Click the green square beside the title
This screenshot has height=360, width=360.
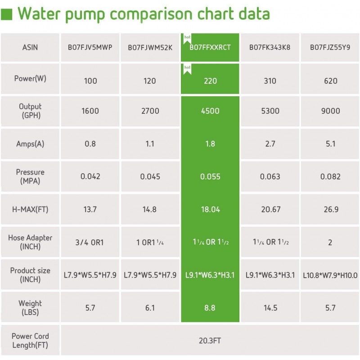(6, 14)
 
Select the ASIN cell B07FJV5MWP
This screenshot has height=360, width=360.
(90, 47)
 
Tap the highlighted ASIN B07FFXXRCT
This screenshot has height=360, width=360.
(210, 47)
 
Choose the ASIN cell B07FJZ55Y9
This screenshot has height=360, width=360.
(330, 47)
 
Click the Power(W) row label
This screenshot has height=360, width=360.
(30, 78)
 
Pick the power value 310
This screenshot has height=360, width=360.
(270, 81)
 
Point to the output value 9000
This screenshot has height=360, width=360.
(330, 111)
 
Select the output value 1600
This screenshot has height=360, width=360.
(90, 111)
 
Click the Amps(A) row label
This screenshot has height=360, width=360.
(30, 144)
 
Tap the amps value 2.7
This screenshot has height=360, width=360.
(270, 144)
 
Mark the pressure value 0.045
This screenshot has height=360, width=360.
(150, 176)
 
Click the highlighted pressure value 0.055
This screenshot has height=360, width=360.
(210, 176)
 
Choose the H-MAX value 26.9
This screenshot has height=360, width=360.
(330, 209)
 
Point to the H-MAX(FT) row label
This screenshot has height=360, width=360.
(30, 209)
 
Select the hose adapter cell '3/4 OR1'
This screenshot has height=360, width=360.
(90, 242)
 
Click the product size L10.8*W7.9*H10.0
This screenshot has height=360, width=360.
(330, 275)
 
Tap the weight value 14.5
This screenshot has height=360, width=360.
(270, 308)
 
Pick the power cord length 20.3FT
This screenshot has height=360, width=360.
(210, 341)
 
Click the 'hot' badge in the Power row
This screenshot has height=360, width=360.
(187, 67)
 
